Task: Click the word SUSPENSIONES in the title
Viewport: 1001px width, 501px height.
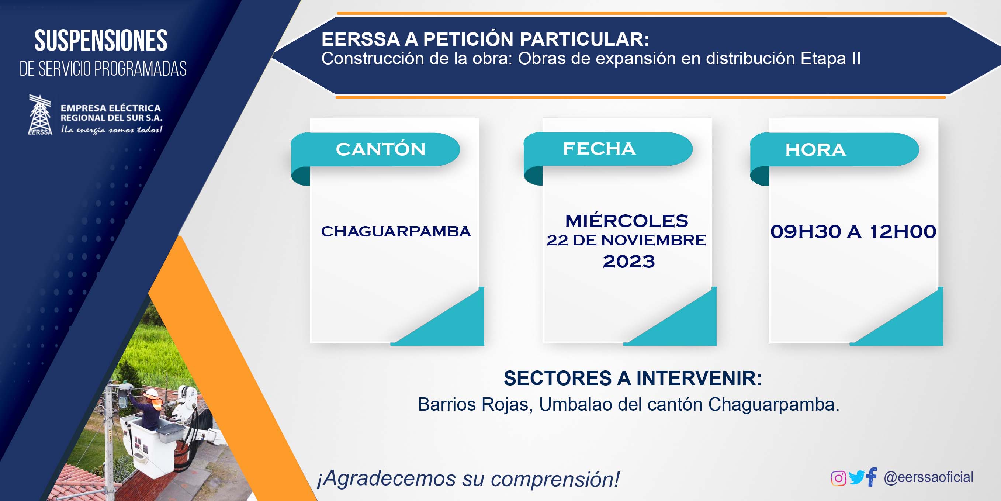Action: [x=101, y=41]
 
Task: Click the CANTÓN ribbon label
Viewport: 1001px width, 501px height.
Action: [x=381, y=149]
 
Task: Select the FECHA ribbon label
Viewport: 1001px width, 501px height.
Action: [x=599, y=148]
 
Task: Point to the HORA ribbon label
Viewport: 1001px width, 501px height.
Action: [x=815, y=150]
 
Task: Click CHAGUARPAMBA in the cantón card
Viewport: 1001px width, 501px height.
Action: [x=396, y=231]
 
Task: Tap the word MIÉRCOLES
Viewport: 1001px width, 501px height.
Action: [x=626, y=220]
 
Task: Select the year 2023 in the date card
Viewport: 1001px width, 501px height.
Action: [x=629, y=261]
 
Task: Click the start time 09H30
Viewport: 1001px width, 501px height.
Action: [x=806, y=232]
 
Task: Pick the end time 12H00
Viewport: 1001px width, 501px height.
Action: [x=903, y=232]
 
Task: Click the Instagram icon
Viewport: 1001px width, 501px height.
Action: [x=838, y=478]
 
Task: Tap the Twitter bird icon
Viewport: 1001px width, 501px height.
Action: [x=856, y=478]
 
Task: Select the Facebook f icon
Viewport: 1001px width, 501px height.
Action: [x=872, y=477]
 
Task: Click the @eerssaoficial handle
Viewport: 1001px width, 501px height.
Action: [x=928, y=477]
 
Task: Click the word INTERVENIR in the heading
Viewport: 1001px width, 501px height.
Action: [x=699, y=378]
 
